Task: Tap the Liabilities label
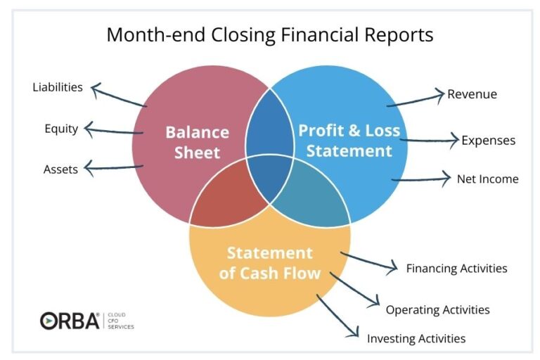click(58, 88)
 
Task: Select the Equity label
click(61, 129)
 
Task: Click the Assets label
click(60, 169)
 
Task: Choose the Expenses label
click(488, 141)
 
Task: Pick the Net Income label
click(487, 179)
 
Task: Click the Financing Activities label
click(456, 269)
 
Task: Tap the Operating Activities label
click(437, 310)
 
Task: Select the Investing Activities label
click(416, 339)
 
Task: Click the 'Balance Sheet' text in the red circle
click(197, 142)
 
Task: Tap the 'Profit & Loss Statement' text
click(349, 141)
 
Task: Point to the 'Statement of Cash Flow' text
click(269, 263)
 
